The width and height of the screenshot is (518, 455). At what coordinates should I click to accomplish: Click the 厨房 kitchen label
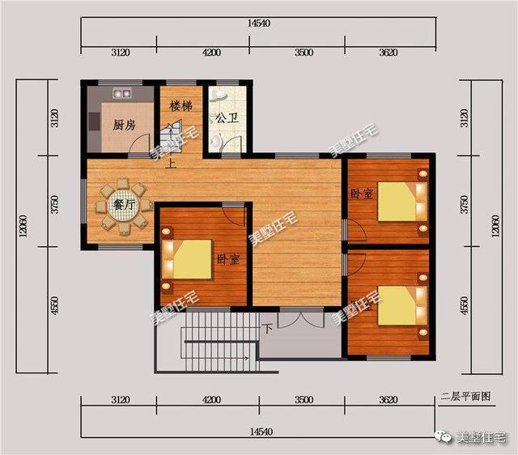(x=123, y=125)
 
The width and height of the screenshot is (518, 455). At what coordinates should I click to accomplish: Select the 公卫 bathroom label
(x=226, y=117)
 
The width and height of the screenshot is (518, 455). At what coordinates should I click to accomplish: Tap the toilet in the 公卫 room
(x=215, y=141)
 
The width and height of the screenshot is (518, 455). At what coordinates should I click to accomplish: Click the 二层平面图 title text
(x=465, y=397)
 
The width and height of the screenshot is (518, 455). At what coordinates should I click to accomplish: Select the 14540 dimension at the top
(x=259, y=23)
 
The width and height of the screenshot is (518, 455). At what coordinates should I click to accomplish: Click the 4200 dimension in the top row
(x=212, y=53)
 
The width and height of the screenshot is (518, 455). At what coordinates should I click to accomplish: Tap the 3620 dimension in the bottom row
(x=388, y=400)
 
